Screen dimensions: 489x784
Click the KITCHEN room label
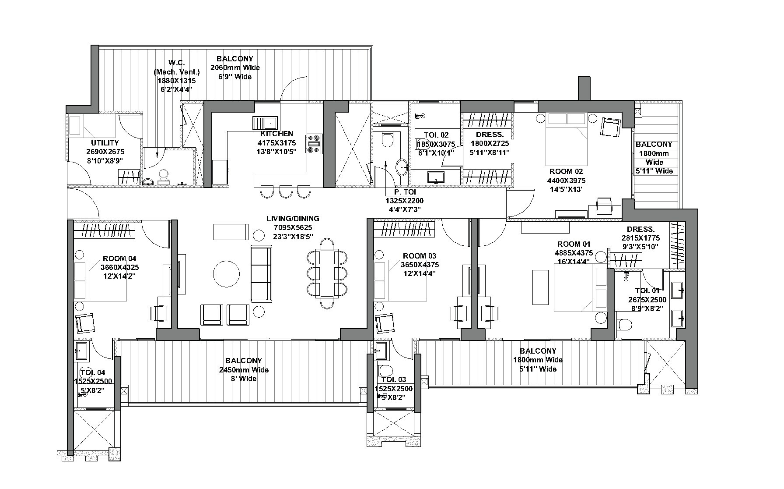coord(276,134)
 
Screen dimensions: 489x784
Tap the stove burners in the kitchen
coord(314,144)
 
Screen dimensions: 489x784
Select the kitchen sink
coord(265,123)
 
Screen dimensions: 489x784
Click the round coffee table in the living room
coord(226,274)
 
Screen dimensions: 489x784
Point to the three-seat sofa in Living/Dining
coord(261,274)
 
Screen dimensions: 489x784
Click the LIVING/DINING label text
coord(293,219)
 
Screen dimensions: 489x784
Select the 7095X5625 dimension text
coord(293,227)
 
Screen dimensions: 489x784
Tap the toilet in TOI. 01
coord(624,325)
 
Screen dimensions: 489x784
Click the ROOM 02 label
coord(566,171)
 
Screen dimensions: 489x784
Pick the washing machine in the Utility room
coord(75,125)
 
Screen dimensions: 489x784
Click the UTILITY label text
coord(105,143)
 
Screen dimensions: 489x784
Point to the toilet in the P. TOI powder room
coord(387,140)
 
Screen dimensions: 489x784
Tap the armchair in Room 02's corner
coord(610,127)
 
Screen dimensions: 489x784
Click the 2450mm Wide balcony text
coord(244,370)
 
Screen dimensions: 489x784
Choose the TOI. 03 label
coord(393,379)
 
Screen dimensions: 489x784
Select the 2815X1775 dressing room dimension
coord(640,238)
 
